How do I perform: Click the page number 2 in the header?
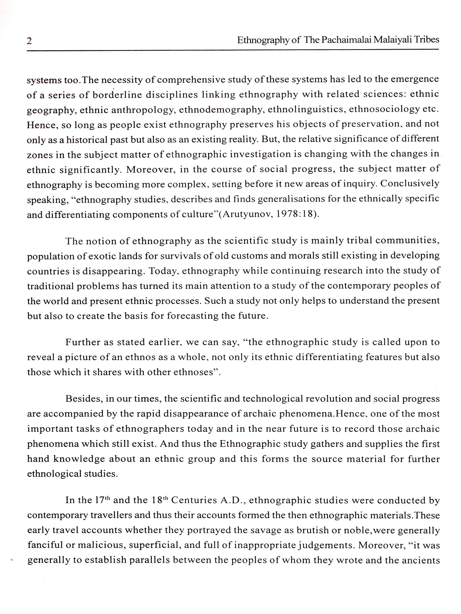(x=30, y=41)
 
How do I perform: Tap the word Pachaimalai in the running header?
(x=346, y=40)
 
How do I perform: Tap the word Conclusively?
(x=409, y=184)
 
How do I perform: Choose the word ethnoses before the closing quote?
(x=193, y=372)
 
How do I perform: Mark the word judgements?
(x=327, y=546)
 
